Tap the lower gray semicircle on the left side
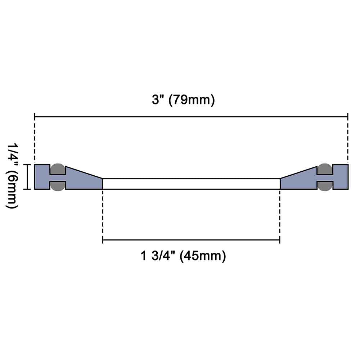pyautogui.click(x=58, y=185)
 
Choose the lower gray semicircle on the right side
pyautogui.click(x=325, y=185)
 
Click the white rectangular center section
pyautogui.click(x=191, y=184)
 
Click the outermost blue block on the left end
pyautogui.click(x=41, y=177)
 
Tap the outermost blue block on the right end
pyautogui.click(x=341, y=177)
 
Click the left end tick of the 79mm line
pyautogui.click(x=35, y=117)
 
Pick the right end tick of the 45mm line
pyautogui.click(x=280, y=239)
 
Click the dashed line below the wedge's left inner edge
pyautogui.click(x=103, y=212)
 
